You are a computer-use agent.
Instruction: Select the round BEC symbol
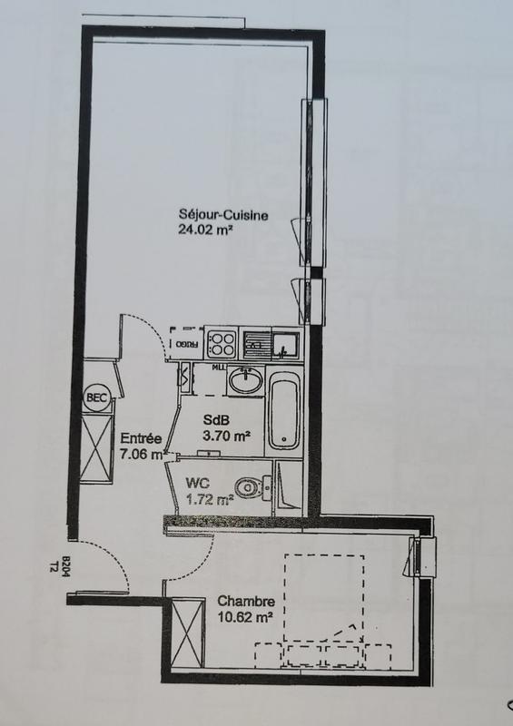pyautogui.click(x=94, y=397)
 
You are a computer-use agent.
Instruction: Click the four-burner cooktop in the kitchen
pyautogui.click(x=222, y=343)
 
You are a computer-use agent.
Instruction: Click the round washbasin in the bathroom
pyautogui.click(x=244, y=381)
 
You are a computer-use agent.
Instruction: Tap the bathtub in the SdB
pyautogui.click(x=283, y=413)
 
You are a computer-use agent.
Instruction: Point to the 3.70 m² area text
pyautogui.click(x=225, y=436)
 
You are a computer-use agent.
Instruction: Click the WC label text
pyautogui.click(x=199, y=485)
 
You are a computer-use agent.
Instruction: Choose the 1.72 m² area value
pyautogui.click(x=210, y=498)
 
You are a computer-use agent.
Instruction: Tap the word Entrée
pyautogui.click(x=140, y=438)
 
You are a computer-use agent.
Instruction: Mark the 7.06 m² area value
pyautogui.click(x=142, y=453)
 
